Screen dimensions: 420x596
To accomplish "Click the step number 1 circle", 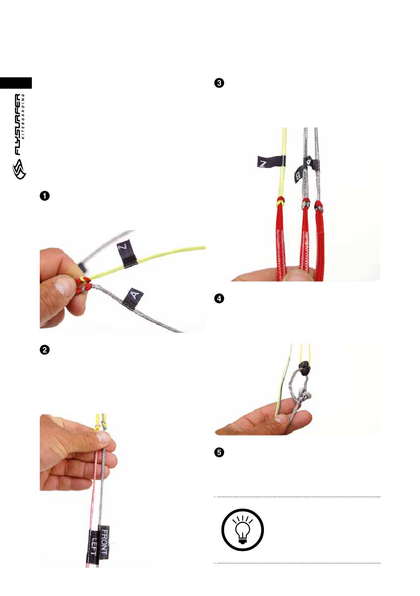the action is click(45, 196).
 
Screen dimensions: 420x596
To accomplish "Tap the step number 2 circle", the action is click(45, 350).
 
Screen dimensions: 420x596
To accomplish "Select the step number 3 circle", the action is click(219, 83).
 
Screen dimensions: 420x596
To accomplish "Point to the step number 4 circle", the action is click(219, 298).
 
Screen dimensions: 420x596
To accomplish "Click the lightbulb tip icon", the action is click(243, 530).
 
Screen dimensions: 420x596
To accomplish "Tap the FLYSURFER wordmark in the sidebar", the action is click(17, 124).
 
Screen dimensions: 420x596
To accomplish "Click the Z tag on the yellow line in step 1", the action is click(127, 252).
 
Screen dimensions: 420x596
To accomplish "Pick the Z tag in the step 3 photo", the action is click(271, 161).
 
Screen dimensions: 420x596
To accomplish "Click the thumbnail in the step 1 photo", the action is click(63, 287).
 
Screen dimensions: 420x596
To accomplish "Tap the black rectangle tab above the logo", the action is click(16, 83).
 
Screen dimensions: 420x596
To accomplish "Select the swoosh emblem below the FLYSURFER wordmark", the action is click(19, 169).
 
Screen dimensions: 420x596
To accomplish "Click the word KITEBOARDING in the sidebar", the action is click(24, 116).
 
